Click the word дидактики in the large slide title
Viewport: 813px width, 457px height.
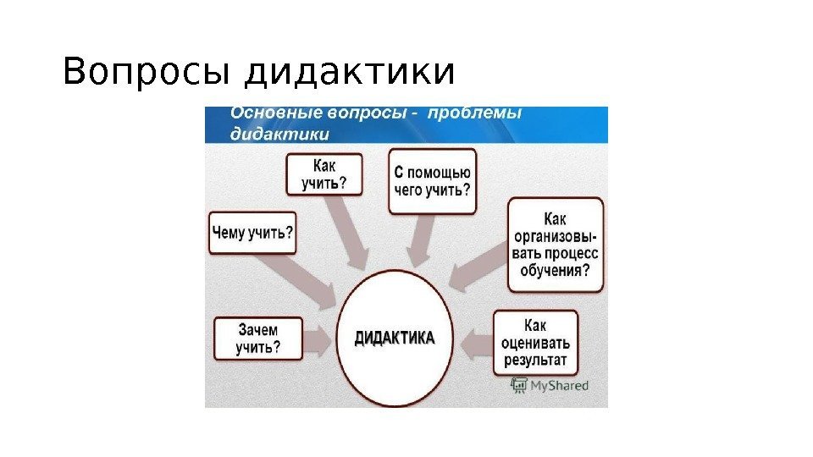coord(349,73)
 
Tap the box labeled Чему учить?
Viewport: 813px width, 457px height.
coord(252,232)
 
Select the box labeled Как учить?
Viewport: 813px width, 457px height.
coord(324,174)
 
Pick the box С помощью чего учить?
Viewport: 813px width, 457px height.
coord(432,180)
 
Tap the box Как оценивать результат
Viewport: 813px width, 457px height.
coord(536,344)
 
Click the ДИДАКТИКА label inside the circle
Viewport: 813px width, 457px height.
coord(394,338)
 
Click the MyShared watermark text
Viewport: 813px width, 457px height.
coord(558,386)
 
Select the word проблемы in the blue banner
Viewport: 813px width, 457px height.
coord(475,113)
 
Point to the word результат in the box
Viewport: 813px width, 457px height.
coord(535,361)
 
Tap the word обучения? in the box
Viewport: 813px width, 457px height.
coord(555,271)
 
